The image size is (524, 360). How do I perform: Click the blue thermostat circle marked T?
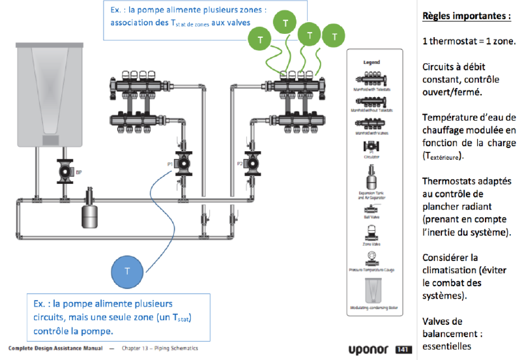128,271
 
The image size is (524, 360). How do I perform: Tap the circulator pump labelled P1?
183,162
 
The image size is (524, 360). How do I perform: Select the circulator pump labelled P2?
251,162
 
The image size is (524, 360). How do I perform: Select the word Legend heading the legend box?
371,62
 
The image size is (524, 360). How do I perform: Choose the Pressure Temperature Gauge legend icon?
371,256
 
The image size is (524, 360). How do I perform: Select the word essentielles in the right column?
446,346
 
